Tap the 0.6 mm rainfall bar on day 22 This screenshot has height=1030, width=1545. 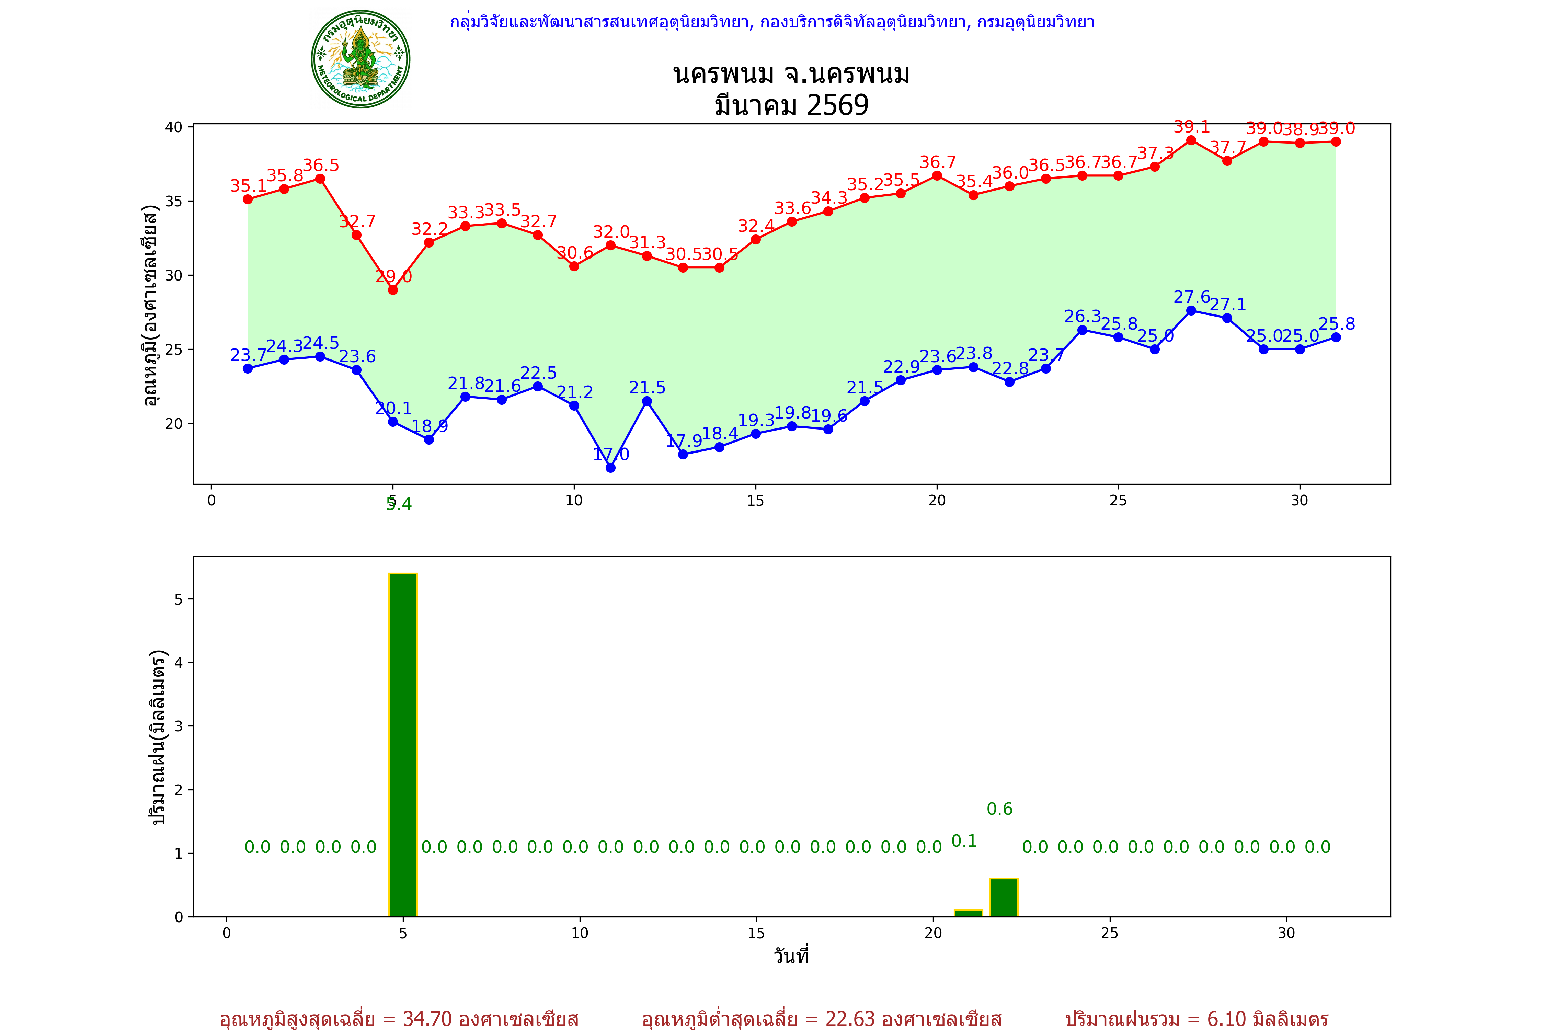click(x=1004, y=897)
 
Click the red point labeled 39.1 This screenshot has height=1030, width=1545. click(x=1191, y=140)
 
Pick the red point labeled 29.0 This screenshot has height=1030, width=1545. click(x=393, y=290)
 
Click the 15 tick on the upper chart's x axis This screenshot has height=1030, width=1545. click(x=755, y=501)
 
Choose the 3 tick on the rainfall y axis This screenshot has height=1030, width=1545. click(x=179, y=726)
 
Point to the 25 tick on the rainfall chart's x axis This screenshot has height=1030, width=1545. click(x=1110, y=933)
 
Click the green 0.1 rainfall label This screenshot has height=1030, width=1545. click(x=964, y=841)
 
